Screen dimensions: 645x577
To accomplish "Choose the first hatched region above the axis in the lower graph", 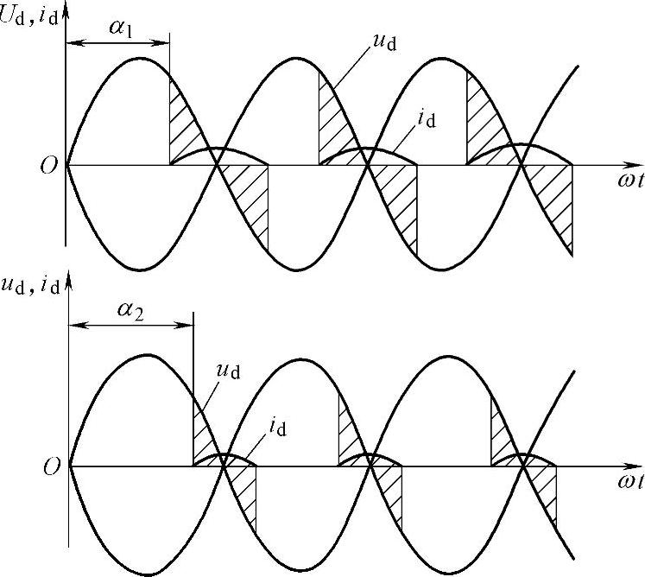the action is [203, 432].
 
